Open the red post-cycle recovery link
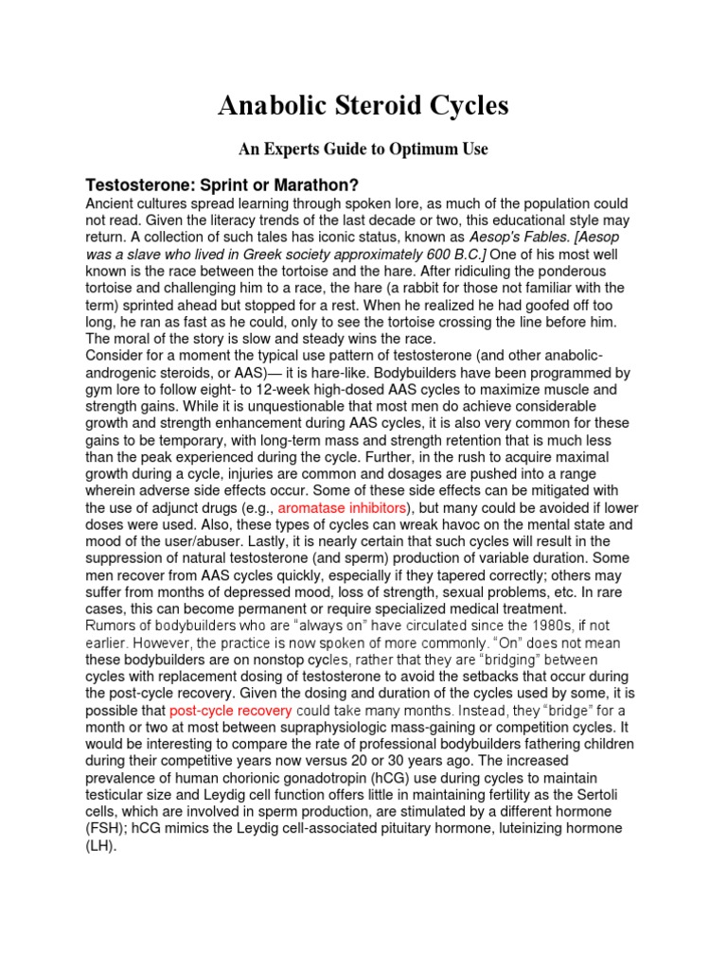pyautogui.click(x=230, y=710)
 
